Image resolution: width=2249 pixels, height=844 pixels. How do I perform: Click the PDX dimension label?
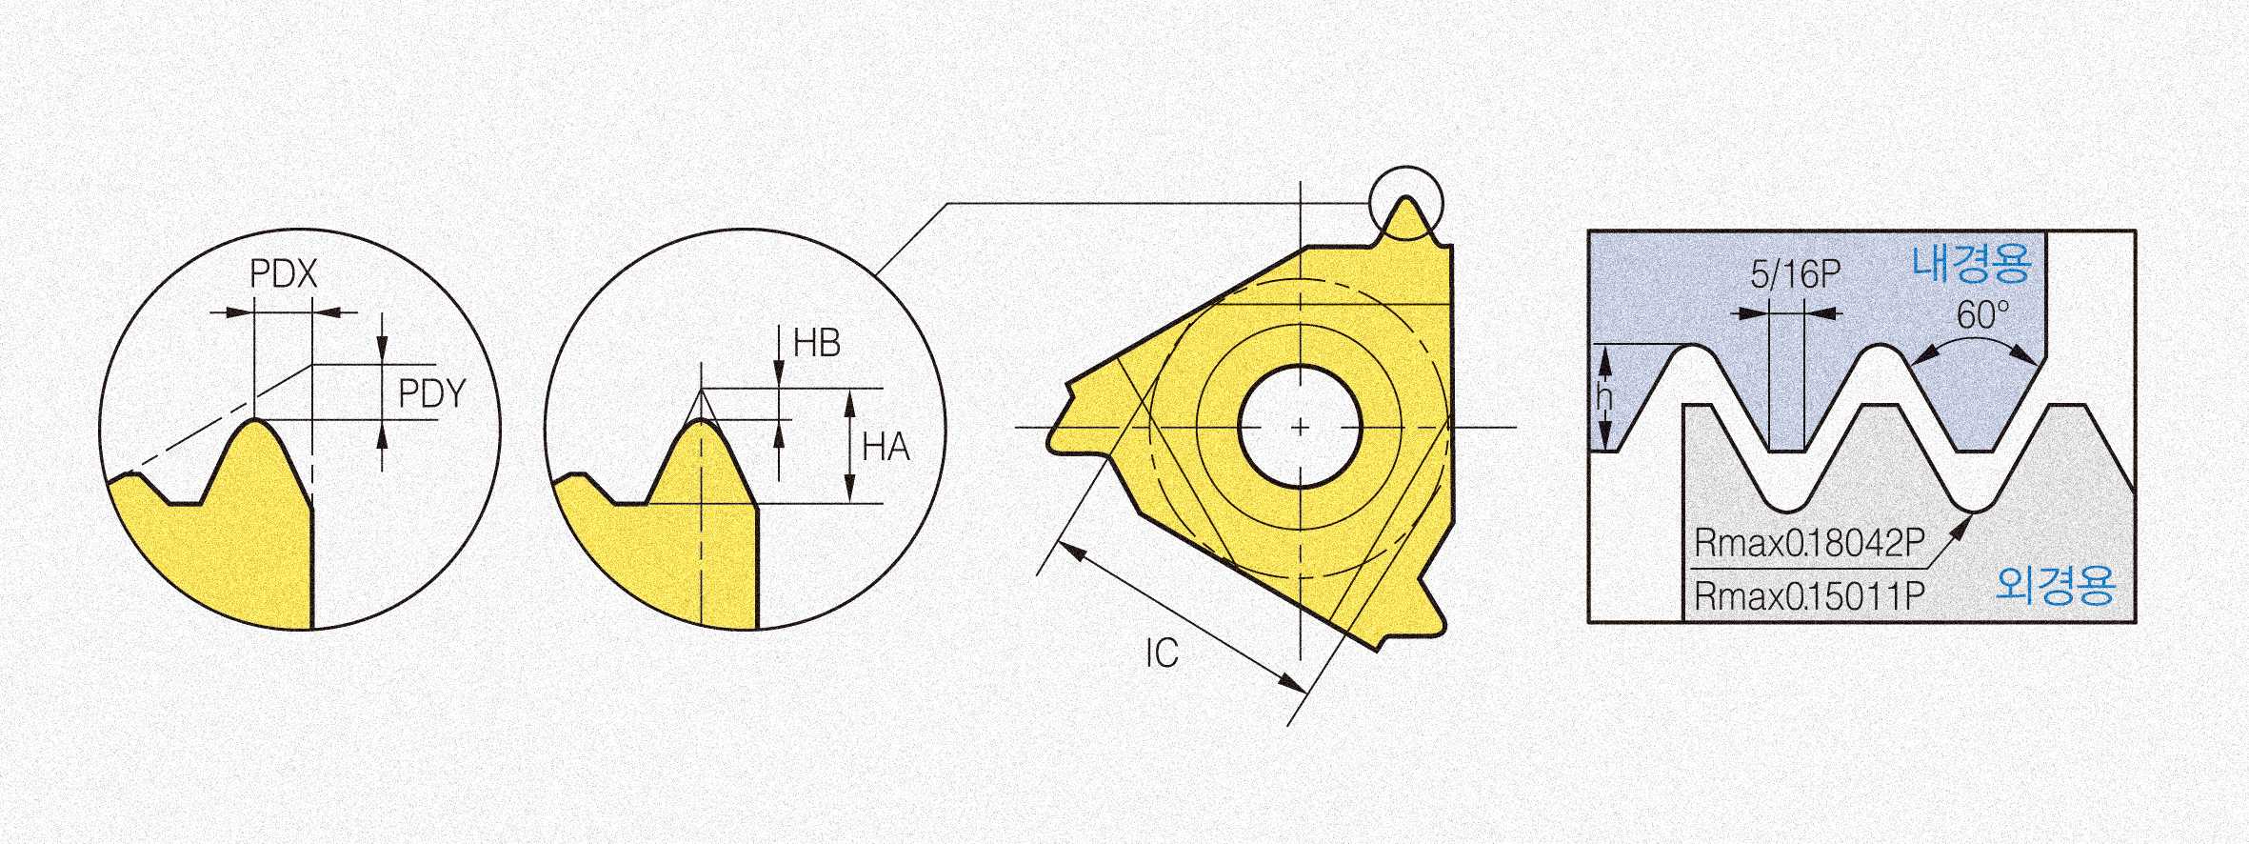point(283,274)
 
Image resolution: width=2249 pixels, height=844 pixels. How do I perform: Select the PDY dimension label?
point(432,393)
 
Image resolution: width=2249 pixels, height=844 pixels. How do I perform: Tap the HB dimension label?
point(817,343)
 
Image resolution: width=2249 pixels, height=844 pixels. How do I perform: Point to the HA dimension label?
point(886,447)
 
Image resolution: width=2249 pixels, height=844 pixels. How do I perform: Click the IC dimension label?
point(1162,653)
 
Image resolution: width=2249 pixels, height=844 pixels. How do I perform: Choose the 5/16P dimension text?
point(1795,274)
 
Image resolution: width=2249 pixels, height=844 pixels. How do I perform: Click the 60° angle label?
point(1982,314)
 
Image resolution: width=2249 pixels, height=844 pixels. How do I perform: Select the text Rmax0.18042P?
point(1809,543)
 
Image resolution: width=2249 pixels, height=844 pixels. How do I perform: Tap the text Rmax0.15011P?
point(1809,596)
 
